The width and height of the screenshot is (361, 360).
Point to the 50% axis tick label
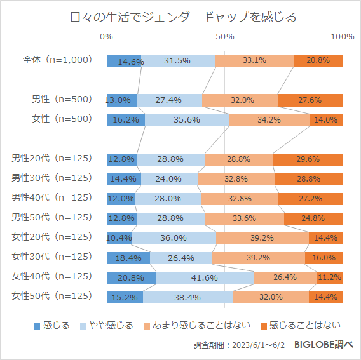pyautogui.click(x=224, y=37)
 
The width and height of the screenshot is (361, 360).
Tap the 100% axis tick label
pyautogui.click(x=343, y=37)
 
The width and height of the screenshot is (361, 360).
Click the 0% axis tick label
pyautogui.click(x=107, y=37)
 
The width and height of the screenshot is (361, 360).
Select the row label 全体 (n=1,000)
pyautogui.click(x=58, y=60)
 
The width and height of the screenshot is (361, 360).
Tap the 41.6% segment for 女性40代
pyautogui.click(x=205, y=277)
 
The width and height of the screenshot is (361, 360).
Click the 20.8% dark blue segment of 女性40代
pyautogui.click(x=131, y=277)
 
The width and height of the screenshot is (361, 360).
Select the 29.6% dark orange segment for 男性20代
pyautogui.click(x=308, y=159)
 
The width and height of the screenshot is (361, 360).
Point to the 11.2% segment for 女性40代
pyautogui.click(x=329, y=277)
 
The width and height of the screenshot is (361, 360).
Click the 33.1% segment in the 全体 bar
pyautogui.click(x=254, y=61)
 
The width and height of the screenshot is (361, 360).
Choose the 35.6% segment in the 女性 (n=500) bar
pyautogui.click(x=187, y=120)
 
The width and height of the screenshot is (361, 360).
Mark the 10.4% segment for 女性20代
pyautogui.click(x=119, y=238)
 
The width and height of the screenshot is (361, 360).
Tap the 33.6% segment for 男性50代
pyautogui.click(x=244, y=218)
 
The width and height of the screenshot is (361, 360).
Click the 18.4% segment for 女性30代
pyautogui.click(x=128, y=258)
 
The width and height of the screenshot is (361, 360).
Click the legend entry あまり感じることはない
pyautogui.click(x=196, y=326)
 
